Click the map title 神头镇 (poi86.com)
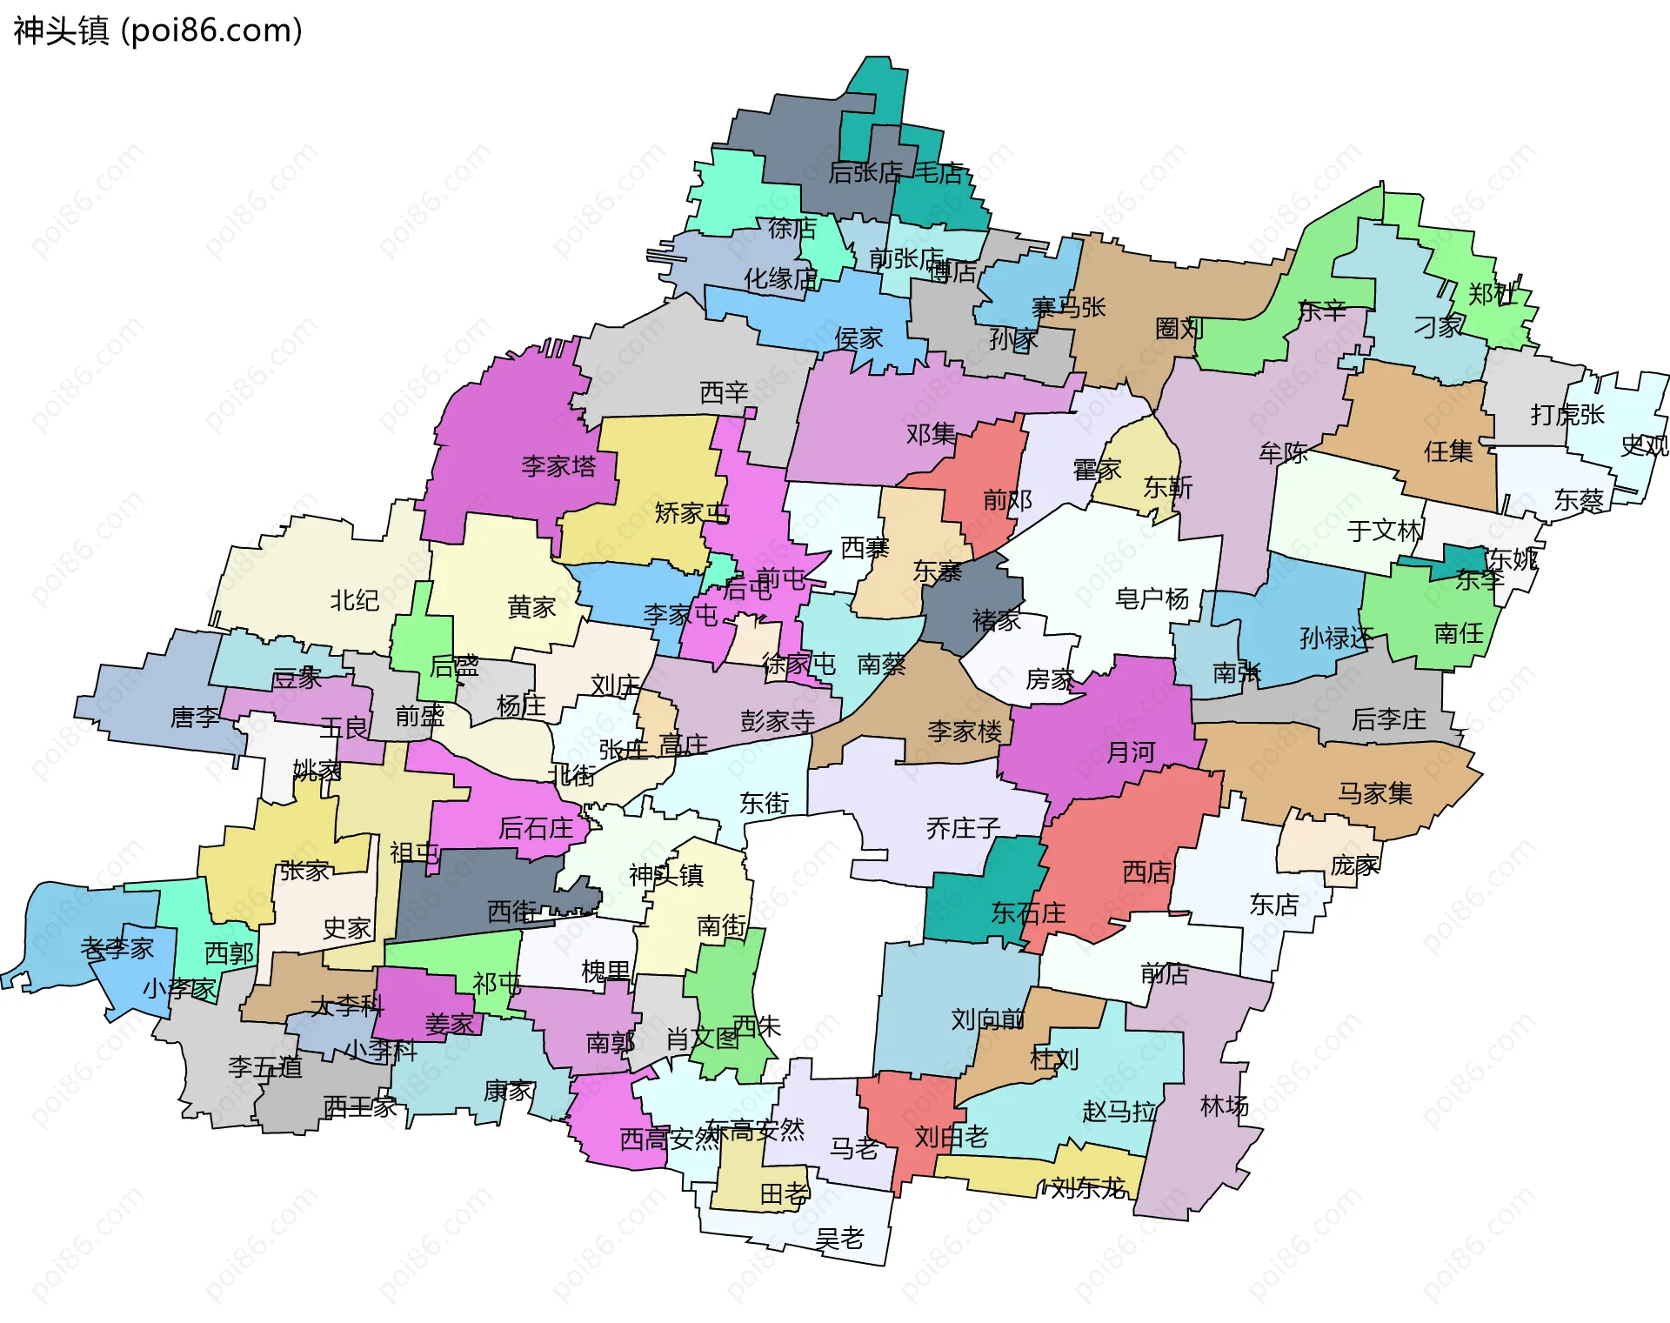(157, 30)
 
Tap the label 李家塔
(558, 466)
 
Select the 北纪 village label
(354, 600)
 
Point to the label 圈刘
(1179, 328)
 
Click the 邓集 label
(931, 433)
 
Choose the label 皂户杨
(1152, 598)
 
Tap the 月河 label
(1130, 752)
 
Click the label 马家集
(1374, 793)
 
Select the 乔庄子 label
(963, 828)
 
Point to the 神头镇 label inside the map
(665, 875)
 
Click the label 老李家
(117, 948)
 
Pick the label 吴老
(839, 1238)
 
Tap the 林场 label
(1224, 1106)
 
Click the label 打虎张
(1566, 415)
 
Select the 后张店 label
(865, 173)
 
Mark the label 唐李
(195, 718)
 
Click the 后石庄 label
(535, 828)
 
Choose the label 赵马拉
(1119, 1111)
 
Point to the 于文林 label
(1384, 531)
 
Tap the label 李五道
(264, 1067)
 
